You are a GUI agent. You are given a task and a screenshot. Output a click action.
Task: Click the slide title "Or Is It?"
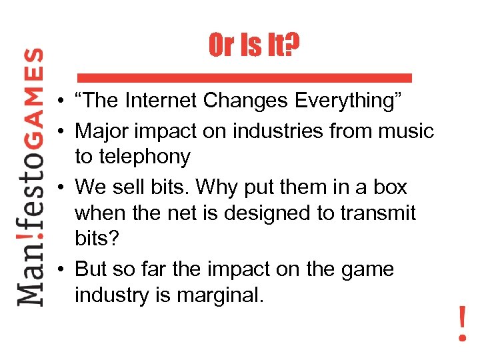click(x=254, y=46)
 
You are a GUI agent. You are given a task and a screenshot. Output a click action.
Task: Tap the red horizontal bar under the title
click(x=244, y=78)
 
